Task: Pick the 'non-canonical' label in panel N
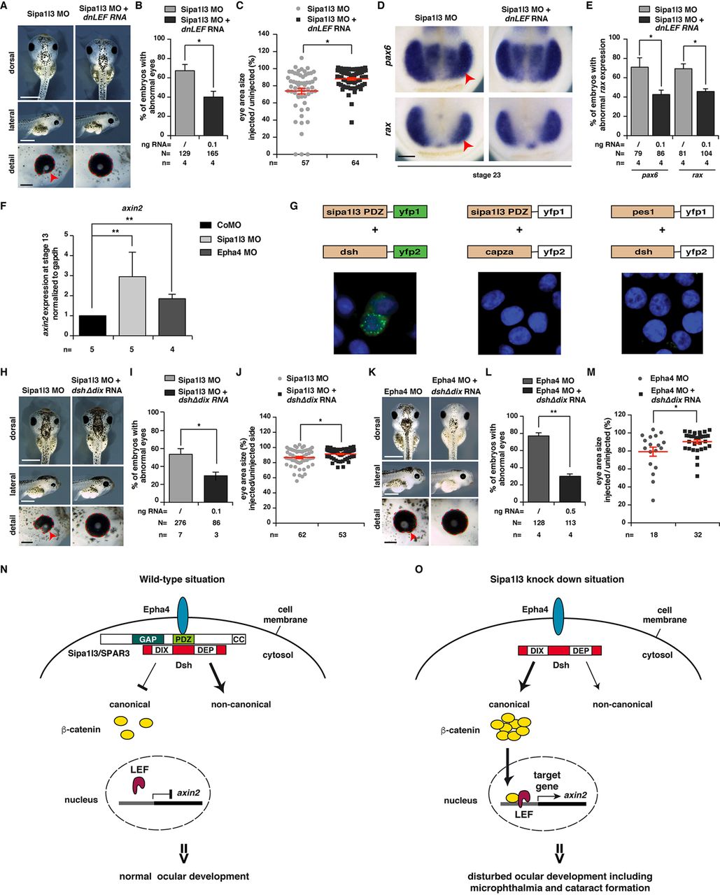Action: (x=241, y=704)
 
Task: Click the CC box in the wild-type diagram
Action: (x=239, y=639)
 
